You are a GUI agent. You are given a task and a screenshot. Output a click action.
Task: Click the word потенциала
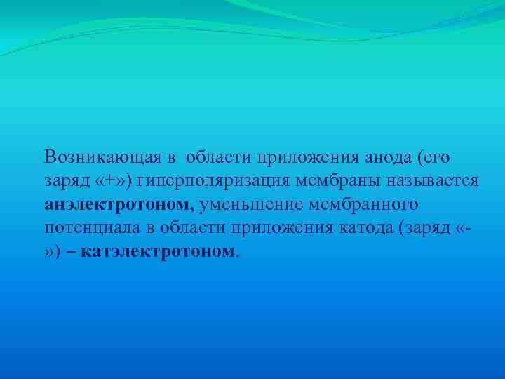click(83, 228)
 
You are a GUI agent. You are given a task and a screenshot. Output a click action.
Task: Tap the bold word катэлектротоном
click(160, 251)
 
